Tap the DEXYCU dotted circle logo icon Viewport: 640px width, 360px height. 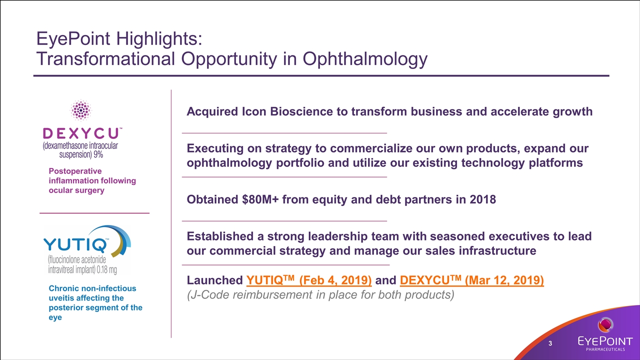tap(80, 110)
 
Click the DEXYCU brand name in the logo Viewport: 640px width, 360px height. tap(80, 133)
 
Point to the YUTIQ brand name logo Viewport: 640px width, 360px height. tap(75, 245)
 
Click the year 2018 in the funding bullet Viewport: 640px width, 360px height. tap(481, 199)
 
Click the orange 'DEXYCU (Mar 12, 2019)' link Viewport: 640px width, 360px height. tap(472, 280)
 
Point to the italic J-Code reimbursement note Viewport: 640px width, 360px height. tap(320, 295)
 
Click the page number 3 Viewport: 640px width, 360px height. tap(550, 343)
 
